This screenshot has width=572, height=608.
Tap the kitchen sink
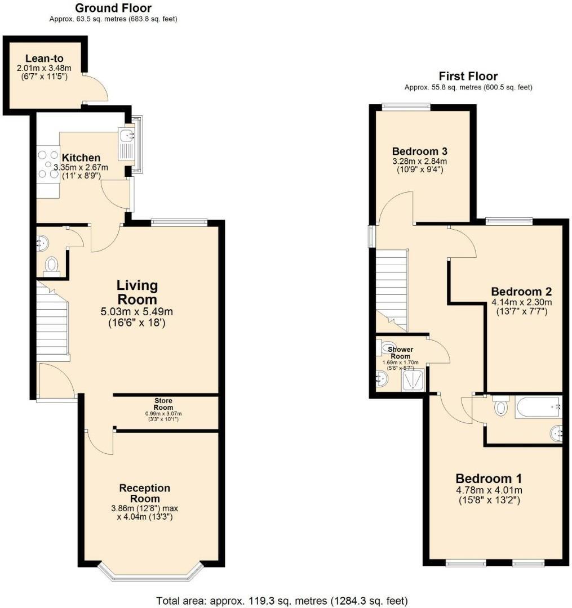[125, 135]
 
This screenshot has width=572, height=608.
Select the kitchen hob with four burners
[47, 163]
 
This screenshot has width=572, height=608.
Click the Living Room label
[137, 292]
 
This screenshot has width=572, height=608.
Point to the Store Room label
[163, 404]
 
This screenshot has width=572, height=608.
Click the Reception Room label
[145, 493]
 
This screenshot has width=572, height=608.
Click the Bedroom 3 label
[420, 151]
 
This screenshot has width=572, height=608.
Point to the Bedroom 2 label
[521, 292]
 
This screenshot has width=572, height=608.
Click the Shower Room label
[401, 353]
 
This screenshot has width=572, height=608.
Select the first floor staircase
[392, 287]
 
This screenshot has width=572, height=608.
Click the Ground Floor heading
[113, 8]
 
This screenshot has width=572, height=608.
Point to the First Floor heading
[468, 77]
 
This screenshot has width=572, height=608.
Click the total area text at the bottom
[282, 600]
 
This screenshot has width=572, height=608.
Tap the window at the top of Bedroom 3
[406, 105]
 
